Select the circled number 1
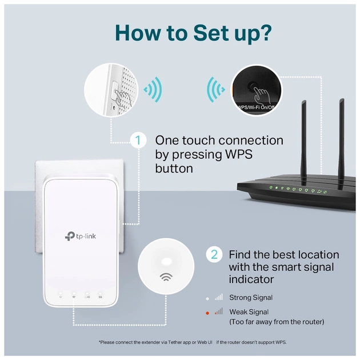pyautogui.click(x=138, y=141)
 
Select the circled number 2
pyautogui.click(x=214, y=254)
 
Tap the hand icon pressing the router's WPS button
pyautogui.click(x=261, y=91)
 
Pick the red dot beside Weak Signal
pyautogui.click(x=207, y=312)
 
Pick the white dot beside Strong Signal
pyautogui.click(x=207, y=298)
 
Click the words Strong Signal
pyautogui.click(x=251, y=298)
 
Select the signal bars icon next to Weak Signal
pyautogui.click(x=219, y=311)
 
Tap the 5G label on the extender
pyautogui.click(x=101, y=297)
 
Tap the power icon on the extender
pyautogui.click(x=61, y=297)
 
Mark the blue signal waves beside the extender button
pyautogui.click(x=152, y=90)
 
